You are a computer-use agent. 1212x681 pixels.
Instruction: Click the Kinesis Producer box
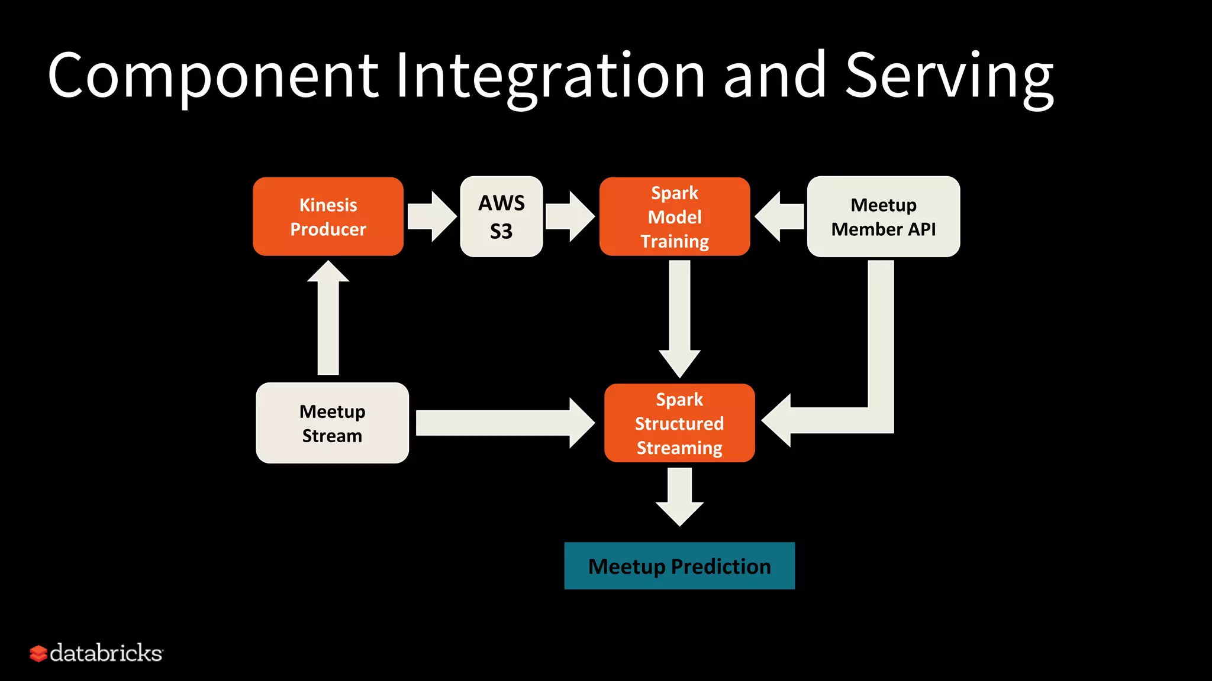pyautogui.click(x=328, y=216)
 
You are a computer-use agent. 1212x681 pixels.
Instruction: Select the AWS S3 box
pyautogui.click(x=501, y=216)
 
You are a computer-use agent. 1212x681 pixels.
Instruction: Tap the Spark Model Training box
pyautogui.click(x=675, y=216)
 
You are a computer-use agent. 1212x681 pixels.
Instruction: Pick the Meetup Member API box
pyautogui.click(x=883, y=216)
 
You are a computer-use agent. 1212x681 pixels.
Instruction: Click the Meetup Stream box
pyautogui.click(x=332, y=423)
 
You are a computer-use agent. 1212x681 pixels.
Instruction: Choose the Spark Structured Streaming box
pyautogui.click(x=679, y=423)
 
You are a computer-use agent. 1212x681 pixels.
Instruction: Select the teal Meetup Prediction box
pyautogui.click(x=679, y=566)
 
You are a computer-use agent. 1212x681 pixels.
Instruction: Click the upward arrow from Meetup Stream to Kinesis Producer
pyautogui.click(x=328, y=319)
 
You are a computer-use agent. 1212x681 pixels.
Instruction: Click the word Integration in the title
pyautogui.click(x=550, y=76)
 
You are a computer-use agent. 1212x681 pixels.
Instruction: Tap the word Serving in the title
pyautogui.click(x=949, y=76)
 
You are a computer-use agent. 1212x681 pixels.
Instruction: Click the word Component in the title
pyautogui.click(x=213, y=76)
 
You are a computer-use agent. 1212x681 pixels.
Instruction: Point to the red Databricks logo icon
pyautogui.click(x=38, y=653)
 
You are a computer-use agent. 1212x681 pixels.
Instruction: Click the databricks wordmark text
pyautogui.click(x=107, y=653)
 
